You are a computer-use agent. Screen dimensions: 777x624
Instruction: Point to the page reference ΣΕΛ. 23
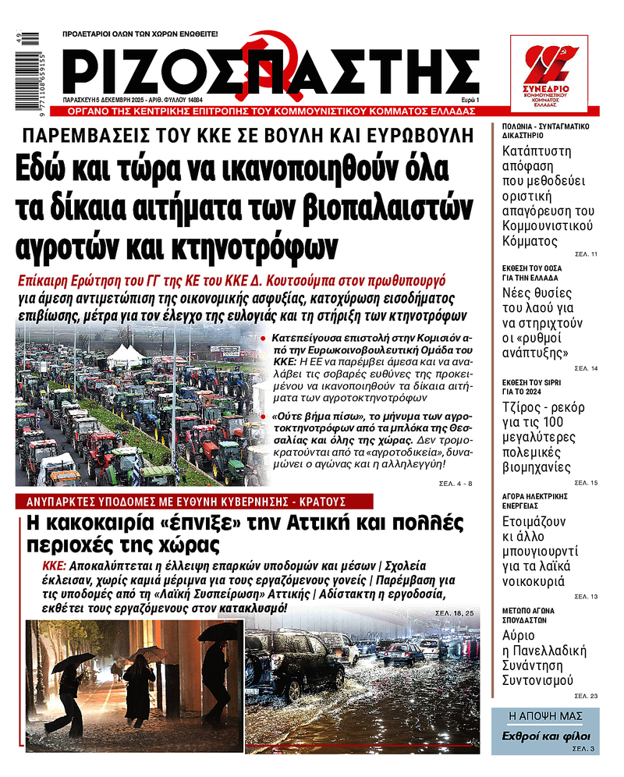click(x=586, y=695)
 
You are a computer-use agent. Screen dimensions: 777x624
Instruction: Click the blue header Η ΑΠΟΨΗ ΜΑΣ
click(x=545, y=715)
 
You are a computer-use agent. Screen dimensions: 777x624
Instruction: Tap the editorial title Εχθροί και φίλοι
click(x=545, y=736)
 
